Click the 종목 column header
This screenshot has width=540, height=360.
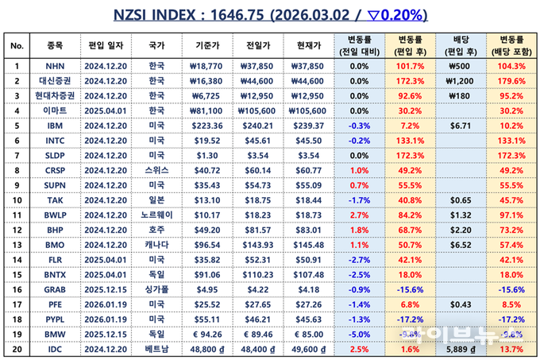coord(55,46)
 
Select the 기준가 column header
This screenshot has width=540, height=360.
coord(207,46)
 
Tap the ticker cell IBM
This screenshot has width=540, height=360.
coord(55,125)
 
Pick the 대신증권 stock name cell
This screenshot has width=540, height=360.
coord(55,80)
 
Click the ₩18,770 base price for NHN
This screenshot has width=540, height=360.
coord(207,66)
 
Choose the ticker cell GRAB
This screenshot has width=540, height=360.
coord(55,289)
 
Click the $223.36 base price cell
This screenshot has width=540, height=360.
coord(207,125)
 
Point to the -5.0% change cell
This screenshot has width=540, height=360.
coord(359,334)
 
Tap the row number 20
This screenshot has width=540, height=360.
coord(17,349)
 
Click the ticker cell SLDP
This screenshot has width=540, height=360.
coord(55,155)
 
